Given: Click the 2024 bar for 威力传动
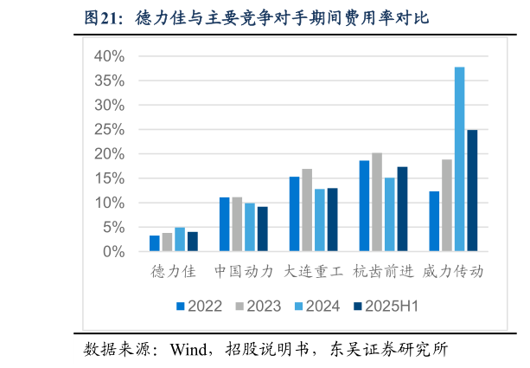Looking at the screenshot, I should (x=460, y=159).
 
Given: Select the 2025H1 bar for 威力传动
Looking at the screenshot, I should (x=472, y=191).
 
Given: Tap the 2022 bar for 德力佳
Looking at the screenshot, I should (x=155, y=243).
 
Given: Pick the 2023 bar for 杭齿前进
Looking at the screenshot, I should (x=377, y=203).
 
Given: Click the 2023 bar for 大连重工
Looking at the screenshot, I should (x=307, y=210).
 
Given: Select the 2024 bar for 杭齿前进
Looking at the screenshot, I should (x=390, y=215).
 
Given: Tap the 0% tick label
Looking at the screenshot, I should (x=114, y=252).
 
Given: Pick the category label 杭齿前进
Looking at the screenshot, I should (x=383, y=271).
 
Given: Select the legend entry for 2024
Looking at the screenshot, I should (x=317, y=306).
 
